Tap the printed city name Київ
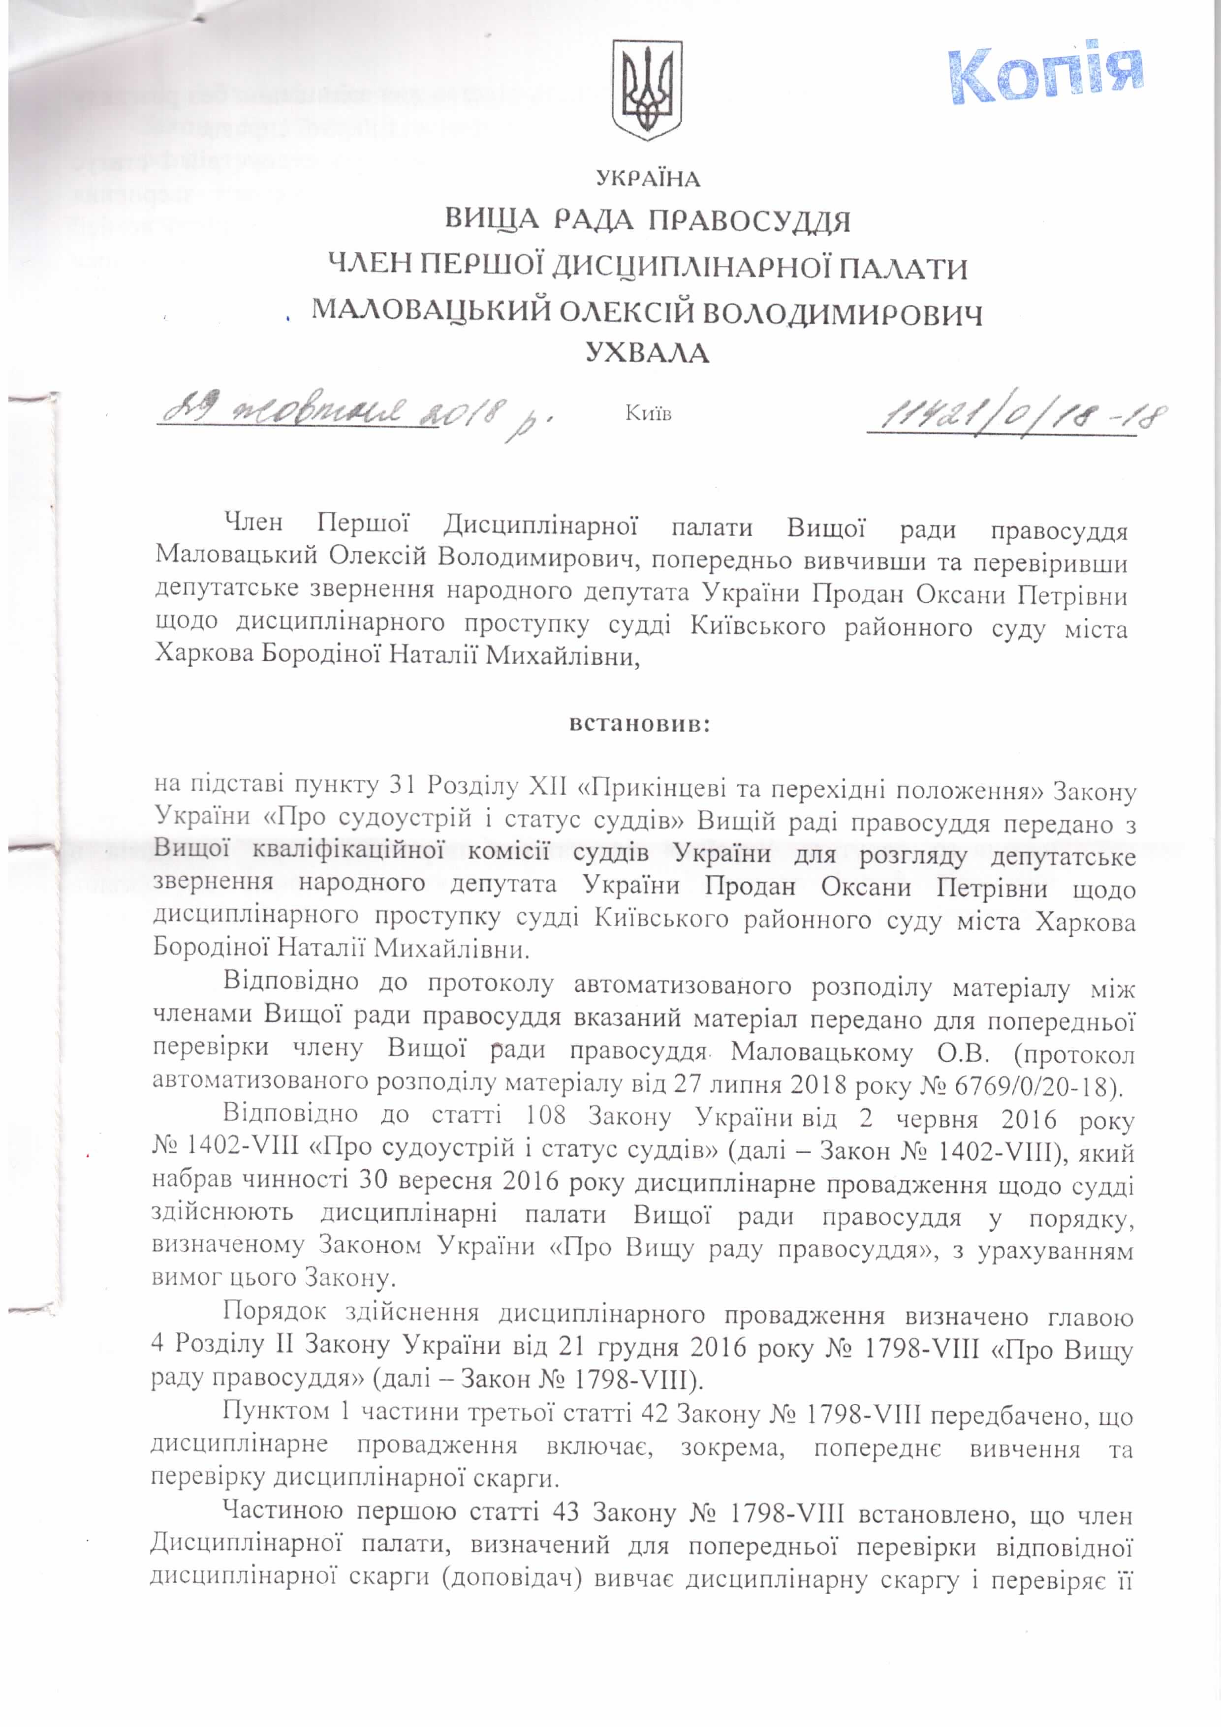click(x=648, y=414)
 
